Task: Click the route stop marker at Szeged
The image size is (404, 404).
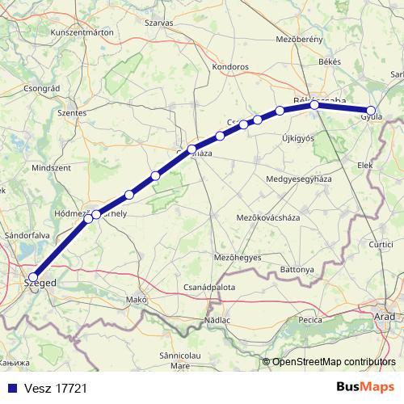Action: coord(32,276)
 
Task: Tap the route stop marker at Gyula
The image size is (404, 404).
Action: coord(372,111)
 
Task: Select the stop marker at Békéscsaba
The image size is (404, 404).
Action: coord(314,104)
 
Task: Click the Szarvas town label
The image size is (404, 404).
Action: coord(159,23)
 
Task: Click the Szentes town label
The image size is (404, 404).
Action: coord(72,113)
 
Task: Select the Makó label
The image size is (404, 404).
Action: coord(135,300)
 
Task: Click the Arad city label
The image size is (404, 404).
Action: coord(385,316)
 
